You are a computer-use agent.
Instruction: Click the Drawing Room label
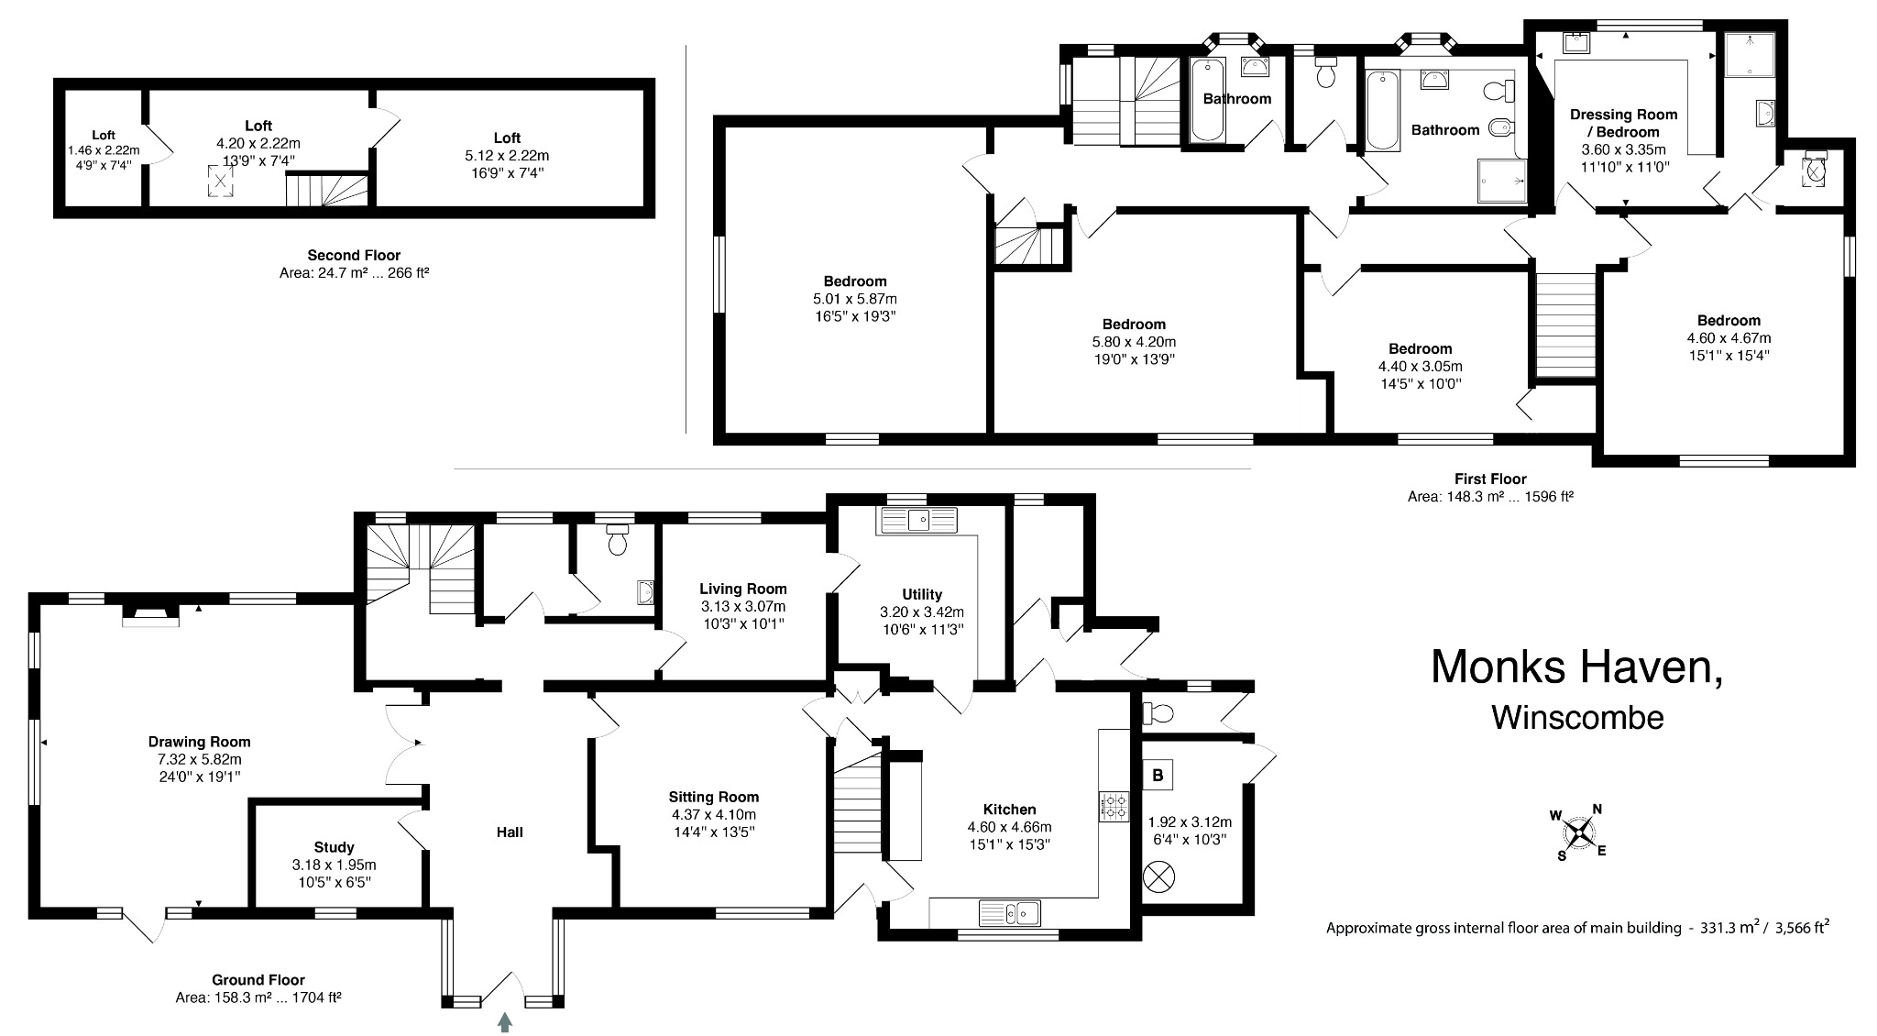coord(199,742)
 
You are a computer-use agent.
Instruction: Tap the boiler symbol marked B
coord(1158,776)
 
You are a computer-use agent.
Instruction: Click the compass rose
coord(1581,832)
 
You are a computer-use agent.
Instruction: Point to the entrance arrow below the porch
coord(504,1021)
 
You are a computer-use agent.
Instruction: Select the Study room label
coord(334,847)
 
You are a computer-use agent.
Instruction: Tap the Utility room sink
coord(917,521)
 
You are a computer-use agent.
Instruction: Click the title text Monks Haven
coord(1576,667)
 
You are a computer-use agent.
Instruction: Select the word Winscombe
coord(1577,717)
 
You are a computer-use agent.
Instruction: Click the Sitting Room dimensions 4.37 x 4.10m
coord(713,814)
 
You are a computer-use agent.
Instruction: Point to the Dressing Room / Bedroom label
coord(1623,123)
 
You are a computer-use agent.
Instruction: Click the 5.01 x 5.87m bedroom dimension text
coord(854,299)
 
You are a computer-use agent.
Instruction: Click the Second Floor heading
coord(354,255)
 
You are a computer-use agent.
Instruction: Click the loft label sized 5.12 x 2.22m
coord(507,156)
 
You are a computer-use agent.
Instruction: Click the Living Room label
coord(742,589)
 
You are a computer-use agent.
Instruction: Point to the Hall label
coord(510,832)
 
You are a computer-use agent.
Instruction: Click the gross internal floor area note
coord(1577,928)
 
